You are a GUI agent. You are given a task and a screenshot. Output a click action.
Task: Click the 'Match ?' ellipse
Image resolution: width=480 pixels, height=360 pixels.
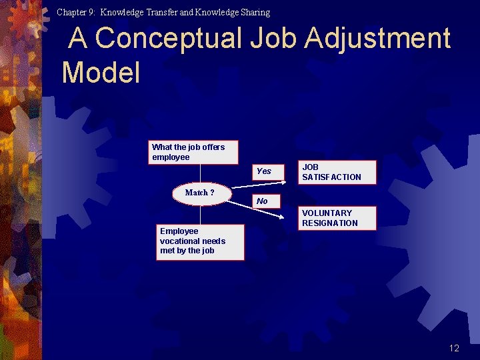200,193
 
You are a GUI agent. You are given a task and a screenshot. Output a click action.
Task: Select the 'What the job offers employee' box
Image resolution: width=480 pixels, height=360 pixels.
193,152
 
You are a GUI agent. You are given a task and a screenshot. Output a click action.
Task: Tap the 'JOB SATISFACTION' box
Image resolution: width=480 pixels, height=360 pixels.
337,172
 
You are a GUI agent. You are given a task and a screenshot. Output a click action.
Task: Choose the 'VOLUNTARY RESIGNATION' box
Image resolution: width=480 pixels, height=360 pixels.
337,218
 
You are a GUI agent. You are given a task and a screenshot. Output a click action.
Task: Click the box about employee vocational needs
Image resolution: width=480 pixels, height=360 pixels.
199,241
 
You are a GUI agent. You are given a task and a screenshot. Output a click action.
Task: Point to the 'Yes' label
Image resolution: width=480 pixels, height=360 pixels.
264,171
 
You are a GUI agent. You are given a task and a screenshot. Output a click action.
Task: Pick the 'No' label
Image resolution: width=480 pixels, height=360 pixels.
262,201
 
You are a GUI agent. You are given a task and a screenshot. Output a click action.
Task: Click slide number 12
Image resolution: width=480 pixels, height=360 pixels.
454,348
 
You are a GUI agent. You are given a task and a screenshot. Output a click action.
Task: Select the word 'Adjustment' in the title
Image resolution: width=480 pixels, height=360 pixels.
378,39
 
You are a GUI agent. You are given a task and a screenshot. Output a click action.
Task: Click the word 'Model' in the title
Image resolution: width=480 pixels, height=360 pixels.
101,73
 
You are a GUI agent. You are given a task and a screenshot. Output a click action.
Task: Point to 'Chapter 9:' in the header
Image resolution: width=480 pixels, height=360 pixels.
76,12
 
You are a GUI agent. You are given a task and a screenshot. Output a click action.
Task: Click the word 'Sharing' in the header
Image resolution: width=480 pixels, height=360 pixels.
255,12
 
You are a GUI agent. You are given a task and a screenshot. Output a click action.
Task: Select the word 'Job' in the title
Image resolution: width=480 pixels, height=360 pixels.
275,39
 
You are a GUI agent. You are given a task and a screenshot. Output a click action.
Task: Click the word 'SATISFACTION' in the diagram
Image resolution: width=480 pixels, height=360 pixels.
331,177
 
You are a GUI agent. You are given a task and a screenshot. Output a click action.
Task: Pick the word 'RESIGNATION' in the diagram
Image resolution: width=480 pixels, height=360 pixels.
330,223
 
